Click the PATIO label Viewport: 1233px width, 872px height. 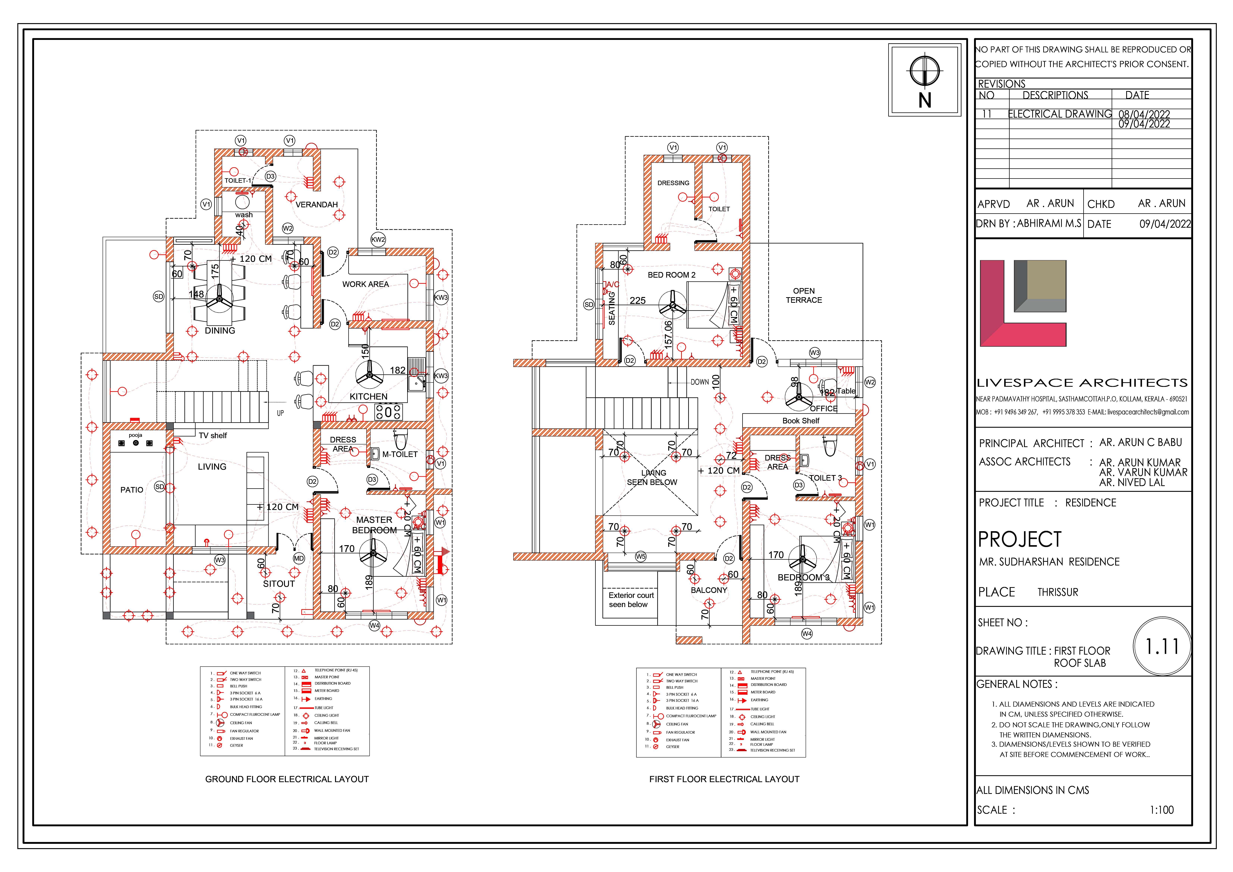pos(132,490)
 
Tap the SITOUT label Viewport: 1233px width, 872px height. pos(279,584)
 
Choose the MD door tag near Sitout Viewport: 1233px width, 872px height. pos(299,558)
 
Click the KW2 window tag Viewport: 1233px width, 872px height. pos(378,239)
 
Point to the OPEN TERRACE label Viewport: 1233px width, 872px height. pos(803,295)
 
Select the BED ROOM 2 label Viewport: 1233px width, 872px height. pos(671,275)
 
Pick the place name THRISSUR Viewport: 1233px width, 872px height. pos(1057,592)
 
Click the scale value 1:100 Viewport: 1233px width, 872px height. pos(1162,810)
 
